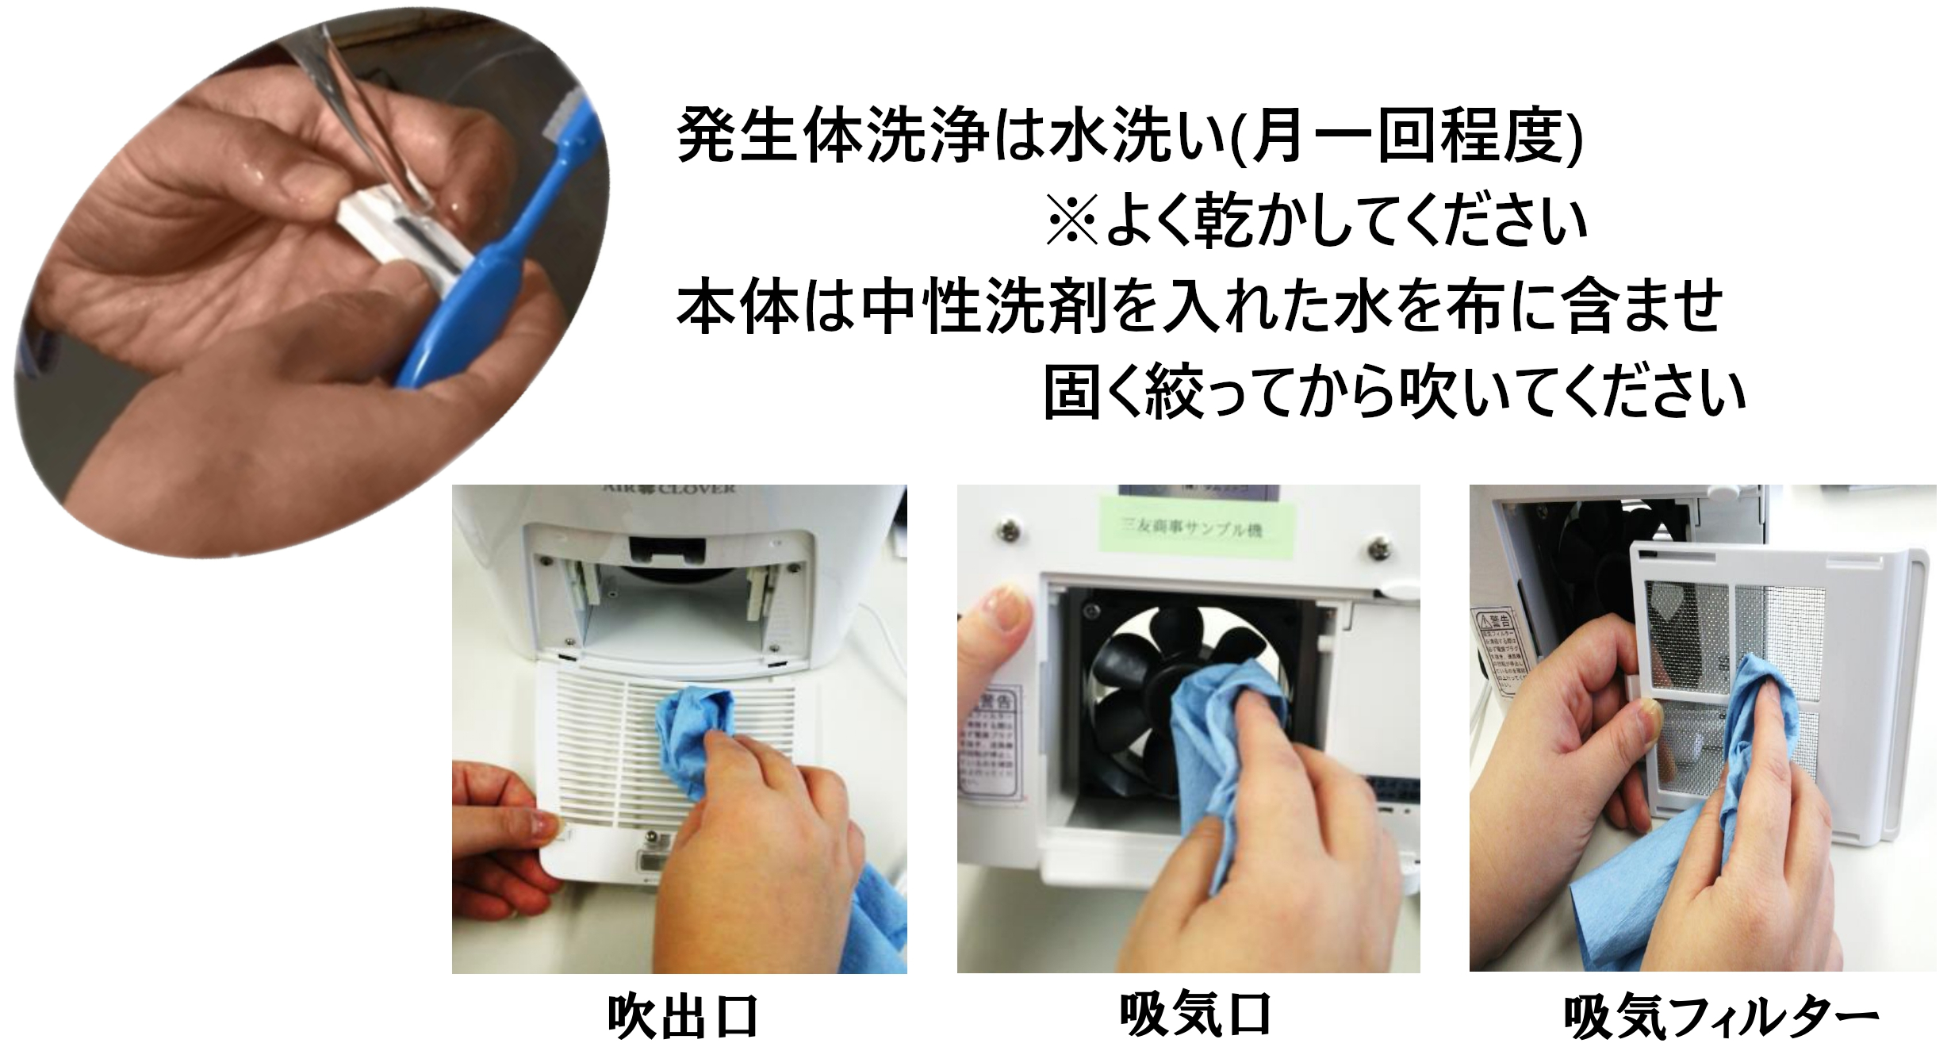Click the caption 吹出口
pos(683,1017)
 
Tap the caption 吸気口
pos(1195,1014)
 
